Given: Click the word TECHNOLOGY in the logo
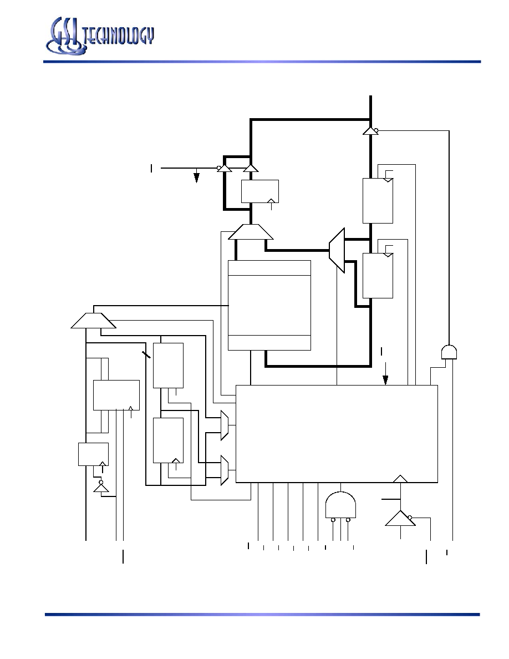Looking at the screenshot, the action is (x=119, y=36).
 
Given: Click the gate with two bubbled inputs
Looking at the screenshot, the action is (x=340, y=506).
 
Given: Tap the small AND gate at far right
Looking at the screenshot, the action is (x=449, y=352).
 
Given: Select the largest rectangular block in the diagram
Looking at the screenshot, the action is (x=337, y=434).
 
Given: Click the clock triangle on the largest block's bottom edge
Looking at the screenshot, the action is (x=400, y=479).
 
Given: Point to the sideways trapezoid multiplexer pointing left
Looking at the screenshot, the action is (x=337, y=251).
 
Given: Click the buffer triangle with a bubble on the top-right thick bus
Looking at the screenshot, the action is (x=371, y=131).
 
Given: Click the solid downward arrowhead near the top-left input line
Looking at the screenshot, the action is (x=196, y=178).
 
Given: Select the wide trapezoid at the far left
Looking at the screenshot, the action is (x=93, y=321).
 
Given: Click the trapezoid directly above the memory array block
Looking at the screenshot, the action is (x=251, y=232).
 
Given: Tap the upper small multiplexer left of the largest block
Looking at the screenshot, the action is (x=225, y=425).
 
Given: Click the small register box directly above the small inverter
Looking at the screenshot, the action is (x=93, y=454).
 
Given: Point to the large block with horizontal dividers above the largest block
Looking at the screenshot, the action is (x=269, y=305).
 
